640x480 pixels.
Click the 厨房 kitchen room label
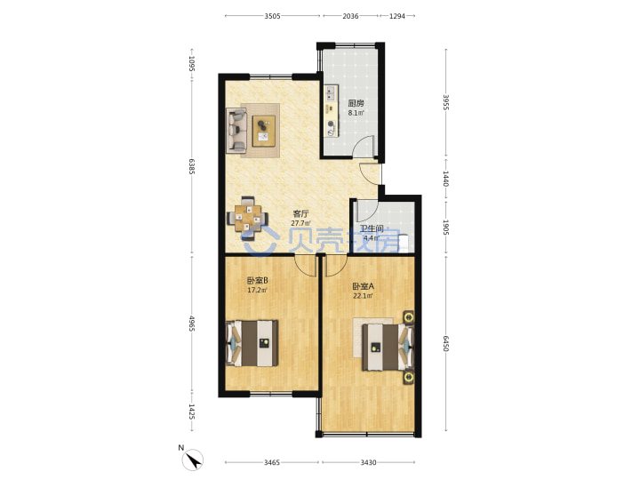(356, 103)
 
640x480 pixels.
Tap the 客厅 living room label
(300, 214)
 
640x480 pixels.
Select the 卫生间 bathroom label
(372, 229)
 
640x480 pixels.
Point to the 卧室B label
(257, 281)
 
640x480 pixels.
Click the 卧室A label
(364, 286)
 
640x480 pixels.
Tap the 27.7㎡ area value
(300, 224)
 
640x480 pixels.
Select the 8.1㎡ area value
(356, 113)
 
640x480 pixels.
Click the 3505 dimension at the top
(272, 16)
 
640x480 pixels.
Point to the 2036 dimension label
(350, 16)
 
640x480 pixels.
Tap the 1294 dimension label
(397, 16)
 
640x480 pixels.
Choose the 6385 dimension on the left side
(192, 166)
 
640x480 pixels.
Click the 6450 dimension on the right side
(446, 344)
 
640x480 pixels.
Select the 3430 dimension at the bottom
(368, 462)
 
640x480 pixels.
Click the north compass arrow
(194, 460)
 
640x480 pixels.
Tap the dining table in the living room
(248, 219)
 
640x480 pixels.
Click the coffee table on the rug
(264, 131)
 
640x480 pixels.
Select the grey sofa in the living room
(236, 131)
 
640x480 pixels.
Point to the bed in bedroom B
(252, 343)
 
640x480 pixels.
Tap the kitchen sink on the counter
(331, 92)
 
